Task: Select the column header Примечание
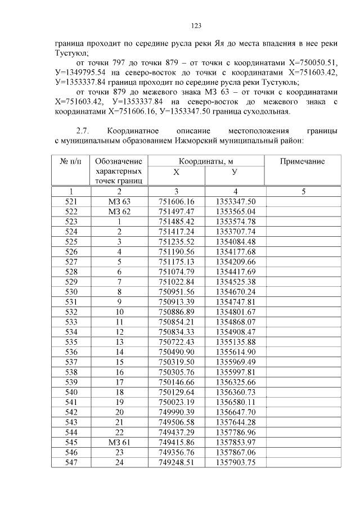pyautogui.click(x=303, y=161)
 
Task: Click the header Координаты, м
pyautogui.click(x=206, y=161)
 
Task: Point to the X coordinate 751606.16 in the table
pyautogui.click(x=176, y=201)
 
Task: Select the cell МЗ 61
pyautogui.click(x=119, y=443)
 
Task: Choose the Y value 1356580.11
pyautogui.click(x=235, y=402)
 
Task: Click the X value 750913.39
pyautogui.click(x=176, y=302)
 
